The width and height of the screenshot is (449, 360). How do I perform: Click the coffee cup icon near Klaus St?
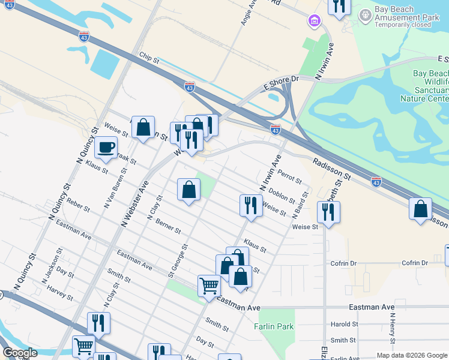point(106,147)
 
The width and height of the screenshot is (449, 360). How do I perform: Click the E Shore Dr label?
point(281,83)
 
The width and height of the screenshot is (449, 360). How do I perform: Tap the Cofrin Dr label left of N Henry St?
point(343,263)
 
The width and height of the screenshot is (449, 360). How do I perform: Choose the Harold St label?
point(344,324)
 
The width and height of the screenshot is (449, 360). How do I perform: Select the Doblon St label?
point(282,196)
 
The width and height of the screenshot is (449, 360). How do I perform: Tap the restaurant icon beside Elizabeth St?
point(328,212)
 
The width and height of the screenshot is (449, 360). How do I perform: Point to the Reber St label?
point(78,205)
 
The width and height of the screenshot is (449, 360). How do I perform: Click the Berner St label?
point(168,226)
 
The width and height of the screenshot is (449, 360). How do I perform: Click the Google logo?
point(20,353)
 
